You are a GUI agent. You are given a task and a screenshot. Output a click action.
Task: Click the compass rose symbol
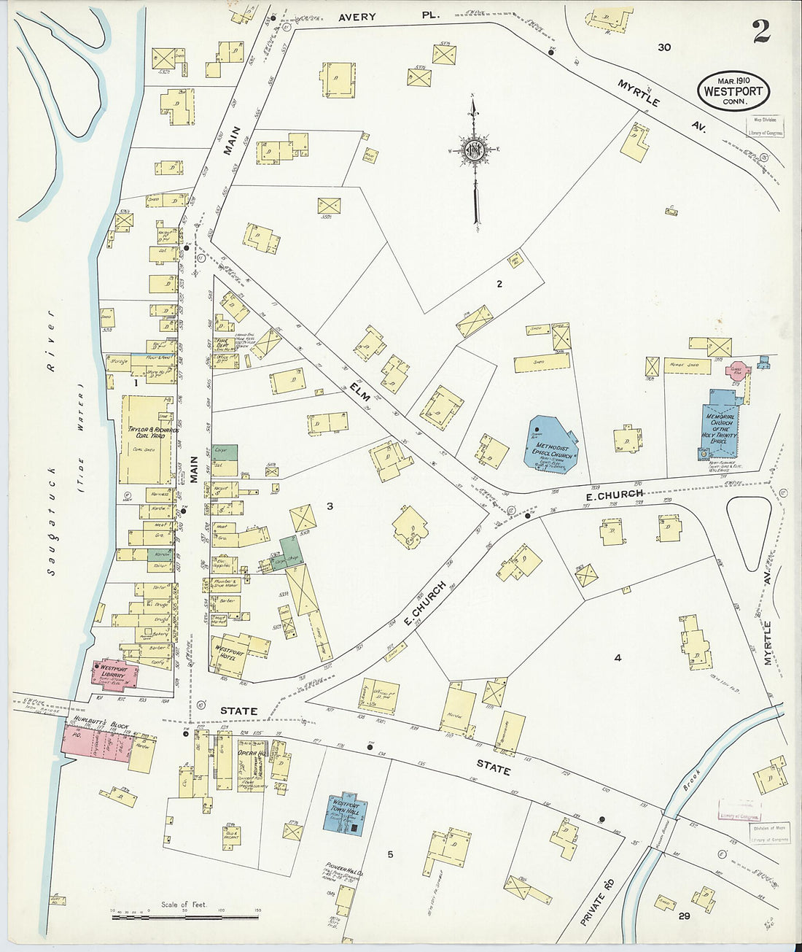475,151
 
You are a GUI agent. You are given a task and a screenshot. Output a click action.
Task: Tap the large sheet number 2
762,31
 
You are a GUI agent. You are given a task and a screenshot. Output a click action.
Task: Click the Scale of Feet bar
185,916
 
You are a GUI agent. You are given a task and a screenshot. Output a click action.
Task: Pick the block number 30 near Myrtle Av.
663,47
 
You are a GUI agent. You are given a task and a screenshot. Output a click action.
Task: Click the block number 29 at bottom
683,916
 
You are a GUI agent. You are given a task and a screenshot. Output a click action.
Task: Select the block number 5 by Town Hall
390,854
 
